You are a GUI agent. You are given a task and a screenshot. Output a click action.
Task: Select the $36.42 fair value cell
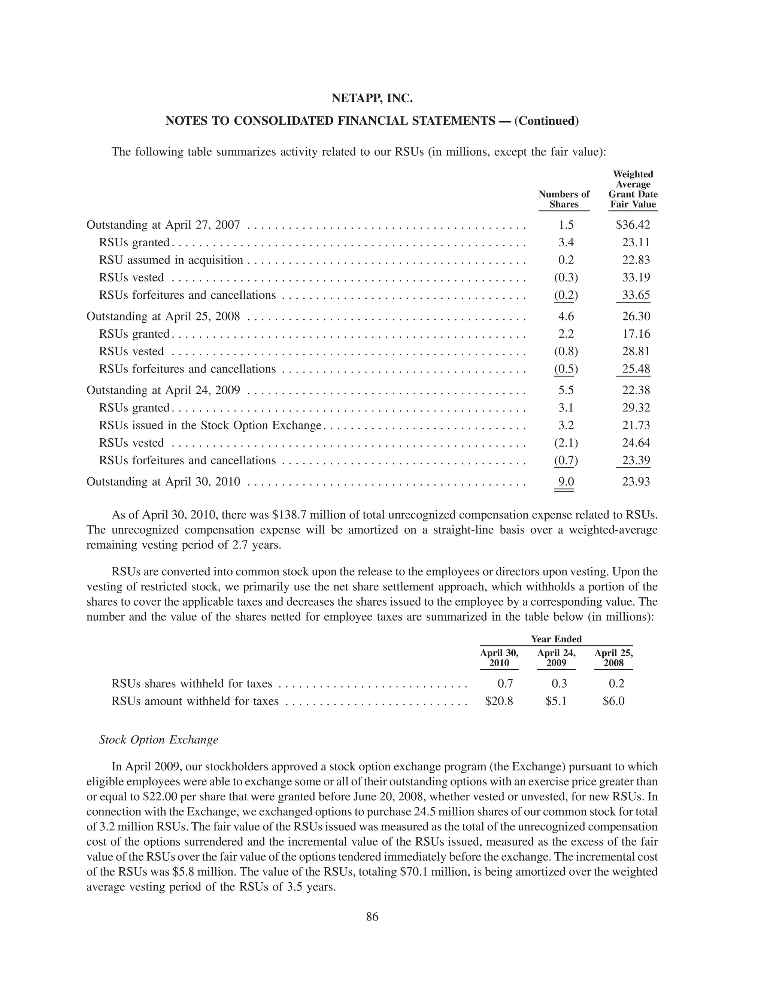pos(633,225)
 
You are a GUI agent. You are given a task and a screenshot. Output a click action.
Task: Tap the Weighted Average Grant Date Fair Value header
pos(633,189)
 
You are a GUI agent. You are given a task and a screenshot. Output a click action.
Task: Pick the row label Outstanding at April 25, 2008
pos(163,316)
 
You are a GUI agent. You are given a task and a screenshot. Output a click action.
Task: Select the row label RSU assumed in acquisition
pos(171,260)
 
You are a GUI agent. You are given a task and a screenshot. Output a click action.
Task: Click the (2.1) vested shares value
pos(566,443)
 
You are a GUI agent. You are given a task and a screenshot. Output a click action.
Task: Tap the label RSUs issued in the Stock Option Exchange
pos(210,425)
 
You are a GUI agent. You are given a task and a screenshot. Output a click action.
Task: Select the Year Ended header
pos(556,639)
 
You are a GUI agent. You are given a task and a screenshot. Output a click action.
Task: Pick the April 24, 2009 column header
pos(556,658)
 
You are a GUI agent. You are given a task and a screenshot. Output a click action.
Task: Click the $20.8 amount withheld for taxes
pos(499,701)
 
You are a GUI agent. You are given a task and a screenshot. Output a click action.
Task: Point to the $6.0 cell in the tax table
pos(613,701)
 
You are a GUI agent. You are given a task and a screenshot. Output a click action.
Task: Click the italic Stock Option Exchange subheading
pos(158,740)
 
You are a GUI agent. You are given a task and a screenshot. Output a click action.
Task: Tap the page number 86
pos(372,917)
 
